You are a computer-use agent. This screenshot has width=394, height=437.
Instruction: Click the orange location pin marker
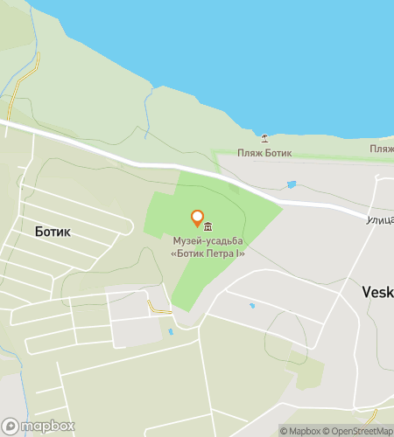coord(197,218)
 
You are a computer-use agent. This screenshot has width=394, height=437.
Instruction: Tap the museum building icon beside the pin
coord(208,228)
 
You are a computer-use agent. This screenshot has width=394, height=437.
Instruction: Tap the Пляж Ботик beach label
coord(265,154)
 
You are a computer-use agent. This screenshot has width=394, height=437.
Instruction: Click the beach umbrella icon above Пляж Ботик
coord(265,138)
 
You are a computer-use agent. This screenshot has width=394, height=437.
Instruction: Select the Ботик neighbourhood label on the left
coord(53,232)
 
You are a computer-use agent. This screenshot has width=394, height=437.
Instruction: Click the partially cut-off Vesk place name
coord(377,292)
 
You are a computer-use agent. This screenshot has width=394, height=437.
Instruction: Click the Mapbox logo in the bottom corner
coord(39,426)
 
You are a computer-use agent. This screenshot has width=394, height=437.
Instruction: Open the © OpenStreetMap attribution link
coord(358,430)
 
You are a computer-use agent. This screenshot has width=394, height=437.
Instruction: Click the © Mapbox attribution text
coord(300,430)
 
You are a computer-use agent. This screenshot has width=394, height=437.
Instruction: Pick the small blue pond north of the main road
coord(291,184)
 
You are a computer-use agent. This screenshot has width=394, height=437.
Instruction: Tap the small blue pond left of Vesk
coord(252,306)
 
